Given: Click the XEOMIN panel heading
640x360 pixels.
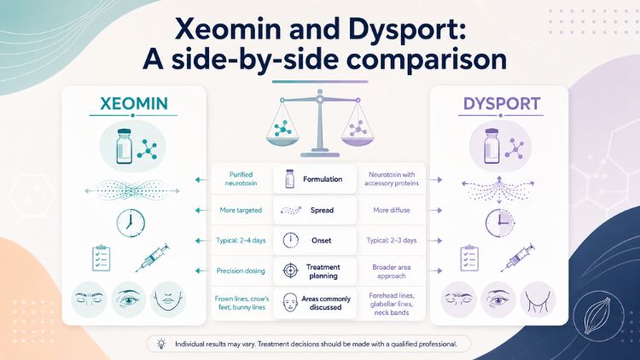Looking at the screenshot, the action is pos(134,104).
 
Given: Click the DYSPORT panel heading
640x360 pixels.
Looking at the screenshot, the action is pos(502,104).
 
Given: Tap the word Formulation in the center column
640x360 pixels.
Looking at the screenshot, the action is pos(323,179).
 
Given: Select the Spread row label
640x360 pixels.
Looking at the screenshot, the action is pos(322,210).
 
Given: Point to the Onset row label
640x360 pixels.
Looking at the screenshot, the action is pos(321,241).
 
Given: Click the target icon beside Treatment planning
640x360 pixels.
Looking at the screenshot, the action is pos(290,270).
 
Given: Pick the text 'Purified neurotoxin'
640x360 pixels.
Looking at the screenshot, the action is pos(241,179).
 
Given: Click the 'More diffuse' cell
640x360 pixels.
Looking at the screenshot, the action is pos(392,210).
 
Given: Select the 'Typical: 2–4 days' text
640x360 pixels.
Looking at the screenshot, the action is pos(241,241).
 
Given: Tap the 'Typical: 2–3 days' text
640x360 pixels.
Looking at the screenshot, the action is pos(392,241).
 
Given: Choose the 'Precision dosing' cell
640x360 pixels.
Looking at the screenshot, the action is pos(241,270).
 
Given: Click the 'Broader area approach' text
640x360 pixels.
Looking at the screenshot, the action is pos(392,271).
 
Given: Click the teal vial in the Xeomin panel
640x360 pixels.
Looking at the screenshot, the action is pos(124,146).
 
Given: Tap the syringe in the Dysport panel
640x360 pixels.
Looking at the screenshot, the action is pos(518,257).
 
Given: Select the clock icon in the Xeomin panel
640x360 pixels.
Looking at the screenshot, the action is pos(131,223).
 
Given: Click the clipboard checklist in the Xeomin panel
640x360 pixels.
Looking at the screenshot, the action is pos(101,258).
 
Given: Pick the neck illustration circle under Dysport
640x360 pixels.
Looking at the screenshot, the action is pos(538,299).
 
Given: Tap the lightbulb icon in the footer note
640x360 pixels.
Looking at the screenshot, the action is pos(161,344).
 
